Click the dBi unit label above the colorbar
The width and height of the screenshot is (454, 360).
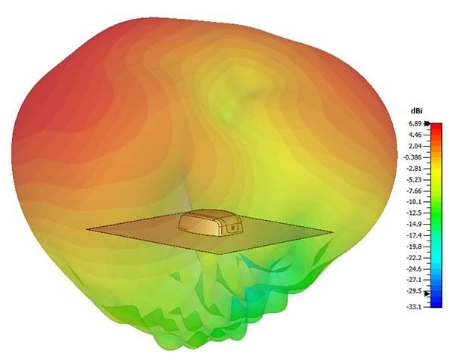(417, 111)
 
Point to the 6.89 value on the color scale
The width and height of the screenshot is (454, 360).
(415, 124)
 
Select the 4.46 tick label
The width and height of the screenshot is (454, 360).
(415, 135)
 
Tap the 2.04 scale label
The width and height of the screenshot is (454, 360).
(415, 146)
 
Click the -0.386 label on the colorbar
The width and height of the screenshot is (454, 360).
(412, 157)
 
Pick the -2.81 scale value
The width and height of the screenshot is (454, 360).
(414, 169)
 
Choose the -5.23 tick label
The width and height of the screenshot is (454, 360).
(414, 180)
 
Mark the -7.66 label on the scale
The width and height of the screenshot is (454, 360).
(414, 191)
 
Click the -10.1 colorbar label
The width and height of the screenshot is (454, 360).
(414, 202)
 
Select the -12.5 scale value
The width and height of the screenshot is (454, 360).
(414, 213)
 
